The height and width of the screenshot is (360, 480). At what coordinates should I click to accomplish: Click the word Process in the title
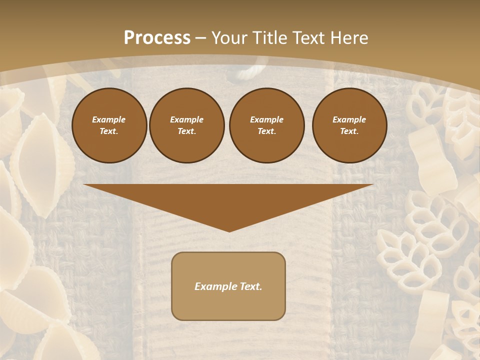click(x=157, y=38)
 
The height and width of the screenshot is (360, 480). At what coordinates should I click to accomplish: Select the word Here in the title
click(x=350, y=38)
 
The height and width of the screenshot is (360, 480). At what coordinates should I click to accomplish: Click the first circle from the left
click(x=109, y=125)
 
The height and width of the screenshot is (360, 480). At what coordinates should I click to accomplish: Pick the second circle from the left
click(x=187, y=125)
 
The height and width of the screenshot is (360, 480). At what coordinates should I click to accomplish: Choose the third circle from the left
click(x=266, y=125)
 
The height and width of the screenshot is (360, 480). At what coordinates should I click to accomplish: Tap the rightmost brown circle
click(x=349, y=125)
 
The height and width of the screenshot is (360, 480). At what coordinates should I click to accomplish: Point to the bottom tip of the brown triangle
click(x=229, y=231)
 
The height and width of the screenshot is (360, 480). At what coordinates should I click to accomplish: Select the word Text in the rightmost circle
click(x=349, y=131)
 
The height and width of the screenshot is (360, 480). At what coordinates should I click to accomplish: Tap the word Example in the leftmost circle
click(x=109, y=119)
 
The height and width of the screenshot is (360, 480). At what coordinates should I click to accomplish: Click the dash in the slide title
click(x=201, y=38)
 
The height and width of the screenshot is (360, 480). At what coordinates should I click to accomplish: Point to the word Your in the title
click(x=229, y=38)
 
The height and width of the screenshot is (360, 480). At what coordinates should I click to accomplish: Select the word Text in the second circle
click(x=187, y=131)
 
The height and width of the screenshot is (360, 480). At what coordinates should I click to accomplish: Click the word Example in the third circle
click(x=266, y=119)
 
